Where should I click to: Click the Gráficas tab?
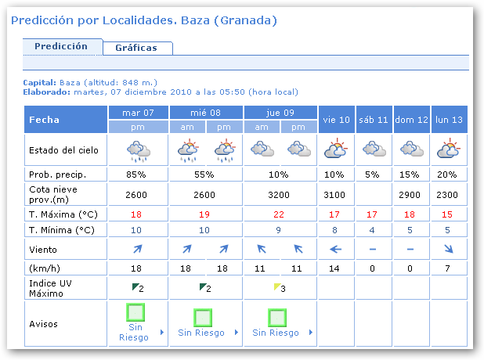pyautogui.click(x=136, y=48)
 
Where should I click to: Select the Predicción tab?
pyautogui.click(x=61, y=46)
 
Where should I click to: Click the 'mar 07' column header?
pyautogui.click(x=138, y=113)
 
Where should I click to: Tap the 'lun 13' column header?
pyautogui.click(x=449, y=120)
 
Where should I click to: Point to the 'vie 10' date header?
pyautogui.click(x=337, y=120)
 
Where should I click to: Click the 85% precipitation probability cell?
pyautogui.click(x=138, y=174)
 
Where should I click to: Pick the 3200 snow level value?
pyautogui.click(x=281, y=192)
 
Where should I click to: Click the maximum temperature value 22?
pyautogui.click(x=281, y=214)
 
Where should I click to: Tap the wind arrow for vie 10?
pyautogui.click(x=337, y=250)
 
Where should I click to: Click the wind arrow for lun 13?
pyautogui.click(x=449, y=250)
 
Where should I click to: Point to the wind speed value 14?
pyautogui.click(x=337, y=268)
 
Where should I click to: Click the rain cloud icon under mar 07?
pyautogui.click(x=138, y=149)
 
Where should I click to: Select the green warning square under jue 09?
pyautogui.click(x=276, y=317)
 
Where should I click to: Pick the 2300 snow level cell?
pyautogui.click(x=449, y=192)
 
